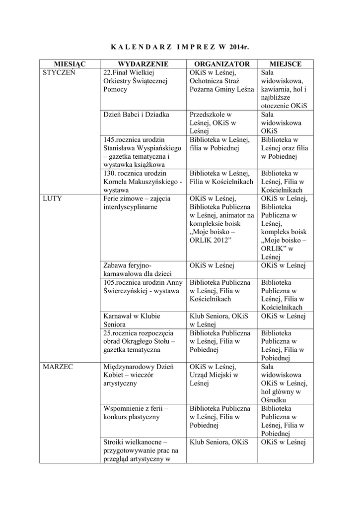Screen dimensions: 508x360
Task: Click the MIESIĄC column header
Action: click(x=70, y=64)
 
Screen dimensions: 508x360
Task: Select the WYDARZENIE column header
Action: click(x=143, y=64)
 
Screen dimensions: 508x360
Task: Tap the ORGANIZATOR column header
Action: click(x=221, y=64)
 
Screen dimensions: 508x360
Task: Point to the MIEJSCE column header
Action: click(x=285, y=64)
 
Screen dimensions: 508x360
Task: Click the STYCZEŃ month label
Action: click(x=59, y=72)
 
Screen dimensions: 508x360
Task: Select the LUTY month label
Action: click(x=53, y=198)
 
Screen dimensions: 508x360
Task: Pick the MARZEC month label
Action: click(x=58, y=367)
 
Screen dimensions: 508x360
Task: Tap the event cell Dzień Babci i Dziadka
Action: click(x=136, y=115)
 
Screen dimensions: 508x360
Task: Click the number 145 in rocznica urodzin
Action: click(x=109, y=140)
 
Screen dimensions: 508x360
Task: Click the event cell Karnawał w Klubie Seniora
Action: click(x=132, y=320)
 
